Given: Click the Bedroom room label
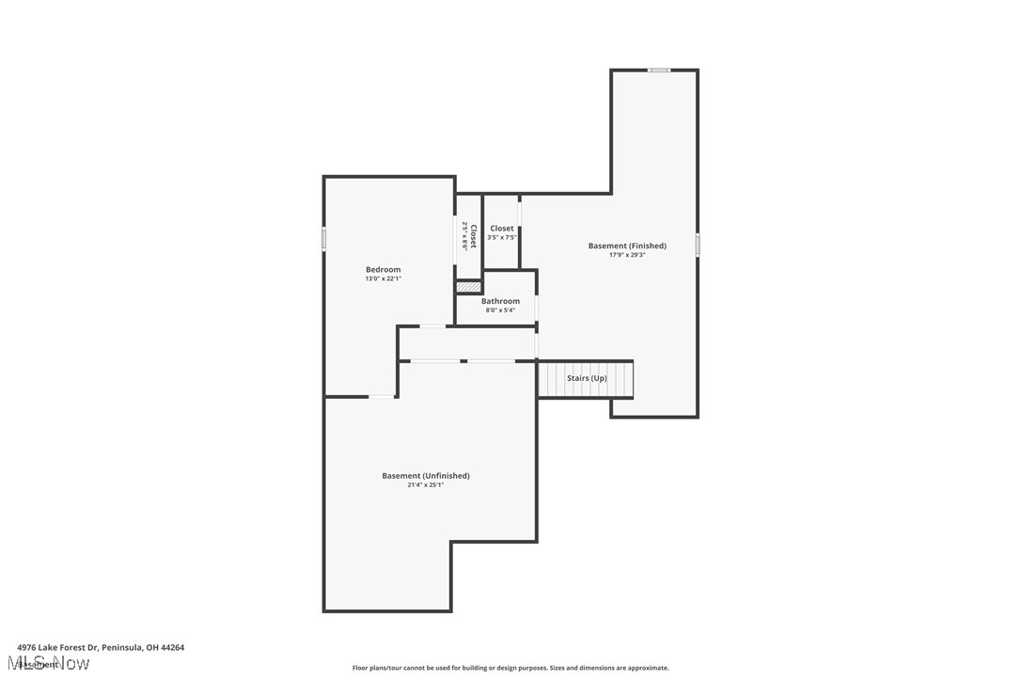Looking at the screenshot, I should [x=383, y=270].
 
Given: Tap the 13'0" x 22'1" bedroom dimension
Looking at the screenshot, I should [x=383, y=279].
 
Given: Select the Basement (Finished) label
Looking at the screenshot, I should [x=627, y=246].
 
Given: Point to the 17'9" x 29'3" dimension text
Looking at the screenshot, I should [x=627, y=255].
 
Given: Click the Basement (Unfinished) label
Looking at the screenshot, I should [x=425, y=476].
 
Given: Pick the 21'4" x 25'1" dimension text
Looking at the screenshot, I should [x=425, y=485].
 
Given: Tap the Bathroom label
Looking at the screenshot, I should [x=500, y=302].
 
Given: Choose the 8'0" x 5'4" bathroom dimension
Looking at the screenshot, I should [x=500, y=310].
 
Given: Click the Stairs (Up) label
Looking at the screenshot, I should [x=587, y=378].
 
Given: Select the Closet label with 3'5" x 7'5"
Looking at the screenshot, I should [x=502, y=229].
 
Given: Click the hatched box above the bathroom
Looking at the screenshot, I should [x=468, y=287].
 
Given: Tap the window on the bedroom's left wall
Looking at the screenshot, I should [x=324, y=239].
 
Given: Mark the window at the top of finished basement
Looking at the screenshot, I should [x=659, y=70].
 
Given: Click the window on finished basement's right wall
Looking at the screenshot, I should [x=698, y=245].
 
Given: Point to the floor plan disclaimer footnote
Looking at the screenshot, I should [x=510, y=668].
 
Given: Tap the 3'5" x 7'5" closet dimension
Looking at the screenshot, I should [x=502, y=237].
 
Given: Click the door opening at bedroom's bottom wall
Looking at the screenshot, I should [x=381, y=397].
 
